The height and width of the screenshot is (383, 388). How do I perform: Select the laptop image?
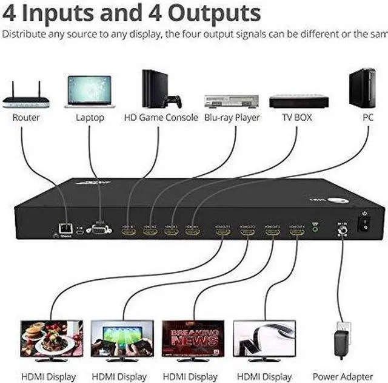(90, 91)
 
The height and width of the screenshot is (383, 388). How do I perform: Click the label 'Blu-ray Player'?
(232, 117)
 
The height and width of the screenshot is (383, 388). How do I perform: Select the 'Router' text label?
(26, 117)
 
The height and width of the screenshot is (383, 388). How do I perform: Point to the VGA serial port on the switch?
(99, 229)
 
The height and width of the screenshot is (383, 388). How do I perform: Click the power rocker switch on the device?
(364, 224)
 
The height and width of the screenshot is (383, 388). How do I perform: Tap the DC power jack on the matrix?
(341, 231)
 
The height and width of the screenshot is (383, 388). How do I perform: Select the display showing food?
(52, 338)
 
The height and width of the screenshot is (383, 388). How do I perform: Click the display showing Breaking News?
(193, 338)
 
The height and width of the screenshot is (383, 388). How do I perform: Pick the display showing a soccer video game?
(123, 338)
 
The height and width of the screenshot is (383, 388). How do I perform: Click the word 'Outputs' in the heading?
(216, 12)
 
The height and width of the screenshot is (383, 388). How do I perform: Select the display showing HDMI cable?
(264, 338)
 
